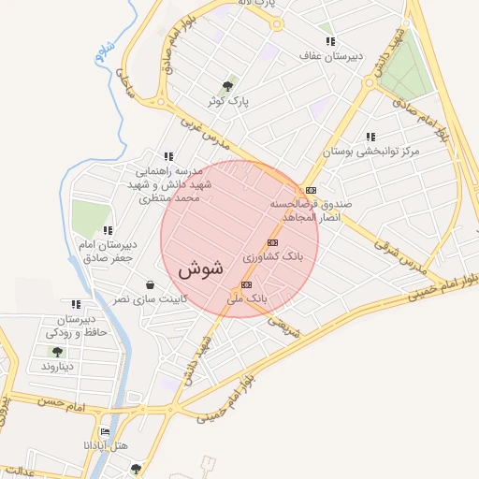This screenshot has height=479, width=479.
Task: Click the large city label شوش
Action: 200,269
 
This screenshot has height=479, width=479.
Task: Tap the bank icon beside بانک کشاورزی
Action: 272,242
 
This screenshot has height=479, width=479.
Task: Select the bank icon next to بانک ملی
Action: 246,284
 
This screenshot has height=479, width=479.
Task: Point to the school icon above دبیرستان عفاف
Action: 330,42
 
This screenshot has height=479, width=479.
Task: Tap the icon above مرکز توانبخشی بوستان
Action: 371,137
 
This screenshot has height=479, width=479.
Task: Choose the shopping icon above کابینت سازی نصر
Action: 150,284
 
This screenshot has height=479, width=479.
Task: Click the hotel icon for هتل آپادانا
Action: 105,432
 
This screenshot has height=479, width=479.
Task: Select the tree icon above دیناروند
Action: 57,352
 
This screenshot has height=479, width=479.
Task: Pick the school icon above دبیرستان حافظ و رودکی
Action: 76,303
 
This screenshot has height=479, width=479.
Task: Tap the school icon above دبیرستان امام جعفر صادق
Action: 109,229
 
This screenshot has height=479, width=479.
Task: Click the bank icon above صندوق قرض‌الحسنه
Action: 311,189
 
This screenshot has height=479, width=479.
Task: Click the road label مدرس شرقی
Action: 399,254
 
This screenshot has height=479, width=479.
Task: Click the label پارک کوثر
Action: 233,100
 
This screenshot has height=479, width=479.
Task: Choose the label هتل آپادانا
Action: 105,446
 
